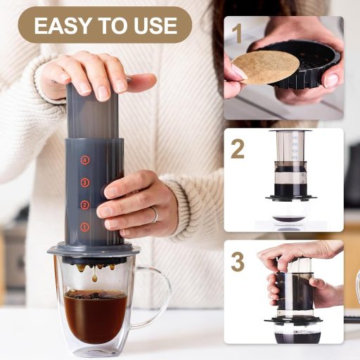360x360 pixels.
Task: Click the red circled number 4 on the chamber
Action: [x=85, y=160]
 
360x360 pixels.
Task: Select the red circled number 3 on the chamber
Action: [x=84, y=182]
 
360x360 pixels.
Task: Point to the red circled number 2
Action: [x=84, y=205]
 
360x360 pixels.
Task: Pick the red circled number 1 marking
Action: [x=84, y=227]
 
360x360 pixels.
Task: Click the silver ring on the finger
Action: [x=155, y=214]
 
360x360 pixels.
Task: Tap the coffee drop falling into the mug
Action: [x=94, y=278]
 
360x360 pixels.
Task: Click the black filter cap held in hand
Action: [x=302, y=65]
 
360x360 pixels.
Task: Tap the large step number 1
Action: [x=238, y=34]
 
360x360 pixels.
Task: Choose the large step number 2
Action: [x=238, y=148]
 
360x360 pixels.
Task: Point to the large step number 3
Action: [x=238, y=262]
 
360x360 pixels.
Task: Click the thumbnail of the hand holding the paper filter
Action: [x=284, y=68]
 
